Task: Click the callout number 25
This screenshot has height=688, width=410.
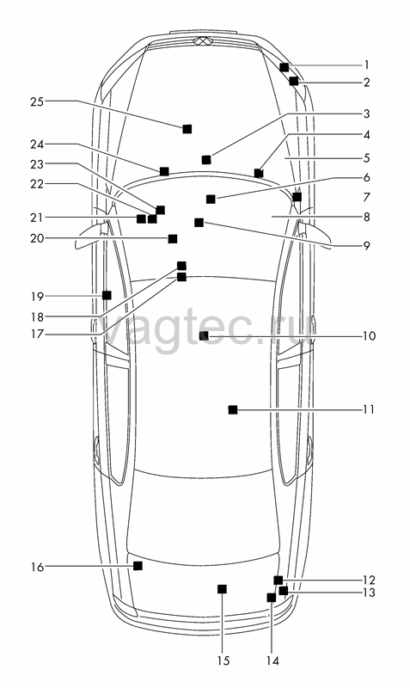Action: point(37,101)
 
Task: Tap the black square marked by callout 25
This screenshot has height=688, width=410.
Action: point(187,129)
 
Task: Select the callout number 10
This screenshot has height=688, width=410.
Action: point(370,336)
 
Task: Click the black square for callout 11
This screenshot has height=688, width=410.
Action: point(233,410)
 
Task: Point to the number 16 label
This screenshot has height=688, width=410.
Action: point(37,568)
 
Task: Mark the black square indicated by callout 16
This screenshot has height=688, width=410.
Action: point(138,566)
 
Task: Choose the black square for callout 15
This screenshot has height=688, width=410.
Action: point(223,589)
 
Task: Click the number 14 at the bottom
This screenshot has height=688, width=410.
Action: point(272,660)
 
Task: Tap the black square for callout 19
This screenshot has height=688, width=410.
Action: point(107,295)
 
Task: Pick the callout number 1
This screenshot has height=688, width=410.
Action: point(366,65)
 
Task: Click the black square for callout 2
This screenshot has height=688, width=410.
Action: point(294,81)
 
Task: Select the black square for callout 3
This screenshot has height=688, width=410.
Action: point(206,160)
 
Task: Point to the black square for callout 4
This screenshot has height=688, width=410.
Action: point(259,174)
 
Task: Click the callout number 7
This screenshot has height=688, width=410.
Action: point(366,198)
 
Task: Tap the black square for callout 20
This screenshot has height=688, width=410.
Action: point(173,239)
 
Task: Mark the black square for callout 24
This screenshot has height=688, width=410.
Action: point(164,171)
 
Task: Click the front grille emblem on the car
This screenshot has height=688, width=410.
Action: point(203,41)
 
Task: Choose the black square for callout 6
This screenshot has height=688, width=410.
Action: point(211,200)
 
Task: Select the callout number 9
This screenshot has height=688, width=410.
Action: point(366,246)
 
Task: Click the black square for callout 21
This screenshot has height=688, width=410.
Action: point(141,218)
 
